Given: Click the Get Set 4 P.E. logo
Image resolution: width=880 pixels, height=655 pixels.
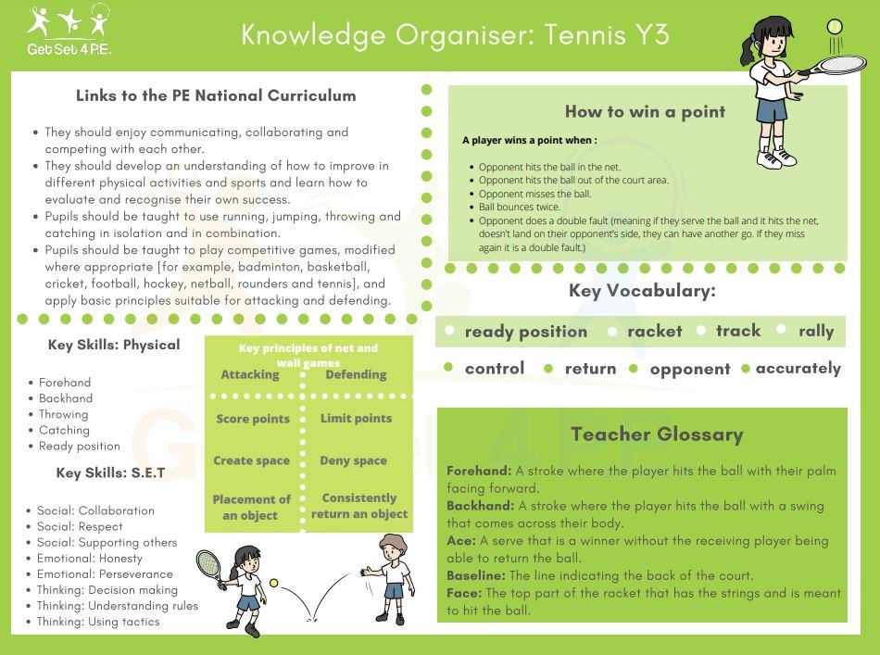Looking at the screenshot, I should pyautogui.click(x=70, y=31).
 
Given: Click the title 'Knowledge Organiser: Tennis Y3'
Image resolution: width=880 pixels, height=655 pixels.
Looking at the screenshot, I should pyautogui.click(x=455, y=35).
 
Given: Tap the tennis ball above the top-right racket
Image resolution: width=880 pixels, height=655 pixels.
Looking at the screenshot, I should pyautogui.click(x=836, y=27).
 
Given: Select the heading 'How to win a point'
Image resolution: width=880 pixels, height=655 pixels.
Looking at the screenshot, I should pyautogui.click(x=645, y=112).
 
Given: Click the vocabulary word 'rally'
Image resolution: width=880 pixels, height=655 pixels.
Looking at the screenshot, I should pyautogui.click(x=816, y=331).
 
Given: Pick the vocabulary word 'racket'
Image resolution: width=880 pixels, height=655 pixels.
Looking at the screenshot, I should pyautogui.click(x=654, y=331).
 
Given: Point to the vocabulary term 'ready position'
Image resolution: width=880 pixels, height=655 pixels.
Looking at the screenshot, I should pyautogui.click(x=525, y=332).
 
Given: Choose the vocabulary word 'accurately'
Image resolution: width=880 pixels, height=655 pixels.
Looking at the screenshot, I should pyautogui.click(x=798, y=368).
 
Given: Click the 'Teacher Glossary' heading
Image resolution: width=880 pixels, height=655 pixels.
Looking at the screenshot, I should pyautogui.click(x=657, y=434).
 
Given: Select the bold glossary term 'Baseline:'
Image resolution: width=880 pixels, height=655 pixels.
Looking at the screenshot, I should pyautogui.click(x=479, y=575).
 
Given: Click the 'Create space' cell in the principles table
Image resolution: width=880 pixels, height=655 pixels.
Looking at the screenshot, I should pyautogui.click(x=251, y=460).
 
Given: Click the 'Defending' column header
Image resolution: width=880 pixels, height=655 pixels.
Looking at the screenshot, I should pyautogui.click(x=356, y=374).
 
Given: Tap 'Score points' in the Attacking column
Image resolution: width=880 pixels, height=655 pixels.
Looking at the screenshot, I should pyautogui.click(x=252, y=419).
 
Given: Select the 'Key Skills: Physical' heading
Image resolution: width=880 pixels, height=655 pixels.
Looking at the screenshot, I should pyautogui.click(x=114, y=345).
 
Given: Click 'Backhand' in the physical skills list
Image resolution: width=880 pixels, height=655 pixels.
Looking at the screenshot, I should pyautogui.click(x=66, y=398).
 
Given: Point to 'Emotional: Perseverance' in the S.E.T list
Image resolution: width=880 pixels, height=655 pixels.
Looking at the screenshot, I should pyautogui.click(x=105, y=573).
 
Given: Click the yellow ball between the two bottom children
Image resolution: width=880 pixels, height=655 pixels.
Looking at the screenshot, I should pyautogui.click(x=274, y=583).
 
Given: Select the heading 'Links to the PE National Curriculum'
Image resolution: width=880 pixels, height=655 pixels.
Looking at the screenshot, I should pyautogui.click(x=216, y=95).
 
